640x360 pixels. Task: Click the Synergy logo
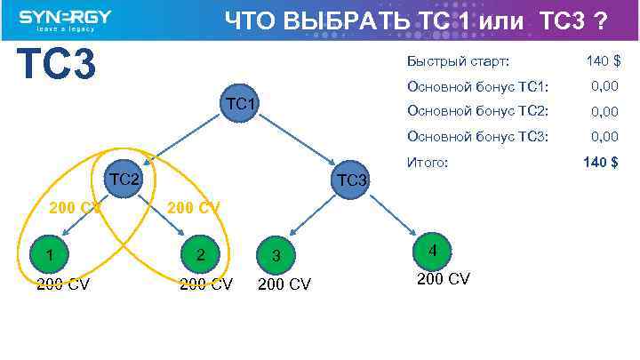tap(64, 20)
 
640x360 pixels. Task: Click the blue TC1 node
tap(242, 105)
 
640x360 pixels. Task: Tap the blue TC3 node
tap(352, 180)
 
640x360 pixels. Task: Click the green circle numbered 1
tap(50, 255)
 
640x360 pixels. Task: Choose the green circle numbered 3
tap(277, 256)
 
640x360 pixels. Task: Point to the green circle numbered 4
tap(432, 250)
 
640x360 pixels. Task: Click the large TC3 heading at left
tap(56, 64)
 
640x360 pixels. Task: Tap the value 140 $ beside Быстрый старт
tap(603, 61)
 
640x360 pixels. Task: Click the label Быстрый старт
tap(458, 61)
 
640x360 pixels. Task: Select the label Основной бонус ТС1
tap(477, 86)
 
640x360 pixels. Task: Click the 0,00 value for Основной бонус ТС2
tap(604, 111)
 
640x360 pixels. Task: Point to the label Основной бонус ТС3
tap(477, 136)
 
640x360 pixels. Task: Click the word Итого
tap(428, 163)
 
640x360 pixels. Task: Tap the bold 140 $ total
tap(601, 162)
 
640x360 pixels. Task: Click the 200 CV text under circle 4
tap(444, 279)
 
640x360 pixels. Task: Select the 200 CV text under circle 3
tap(284, 284)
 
